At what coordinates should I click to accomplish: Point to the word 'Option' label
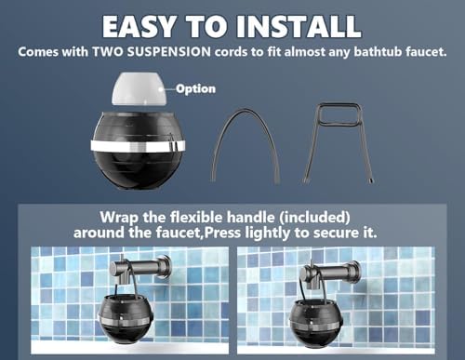pyautogui.click(x=198, y=89)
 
